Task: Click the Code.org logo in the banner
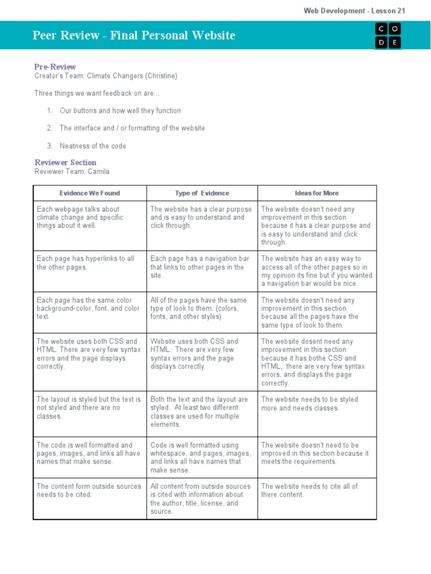[x=388, y=35]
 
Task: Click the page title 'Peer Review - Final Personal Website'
[x=134, y=36]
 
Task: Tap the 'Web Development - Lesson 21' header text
[x=354, y=11]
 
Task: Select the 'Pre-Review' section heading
[x=55, y=67]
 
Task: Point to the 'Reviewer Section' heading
[x=65, y=163]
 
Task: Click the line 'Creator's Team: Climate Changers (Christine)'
[x=106, y=76]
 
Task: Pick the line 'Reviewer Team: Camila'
[x=72, y=172]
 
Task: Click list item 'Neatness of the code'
[x=93, y=146]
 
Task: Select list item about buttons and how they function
[x=120, y=111]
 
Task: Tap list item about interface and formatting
[x=132, y=128]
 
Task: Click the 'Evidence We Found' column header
[x=90, y=193]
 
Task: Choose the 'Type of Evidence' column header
[x=202, y=193]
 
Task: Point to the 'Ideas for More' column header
[x=317, y=193]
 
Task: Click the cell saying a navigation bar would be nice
[x=317, y=271]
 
